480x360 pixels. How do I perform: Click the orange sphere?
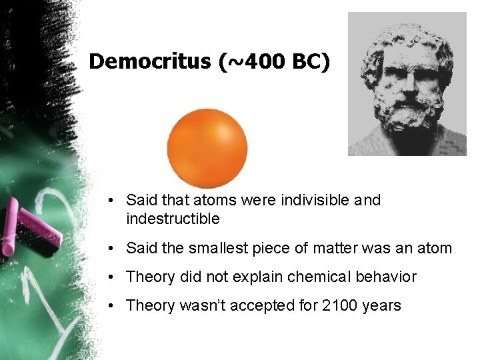207,147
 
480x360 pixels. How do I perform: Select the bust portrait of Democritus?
407,83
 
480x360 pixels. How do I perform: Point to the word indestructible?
173,219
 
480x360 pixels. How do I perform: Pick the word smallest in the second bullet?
216,249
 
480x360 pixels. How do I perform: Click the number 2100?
339,305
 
